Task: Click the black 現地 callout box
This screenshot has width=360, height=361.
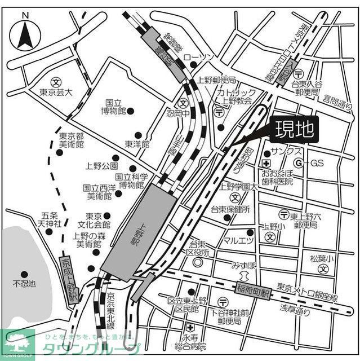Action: pos(294,131)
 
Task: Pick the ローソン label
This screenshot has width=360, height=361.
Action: pos(203,58)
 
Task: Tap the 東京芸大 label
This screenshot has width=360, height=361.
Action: pos(57,93)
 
